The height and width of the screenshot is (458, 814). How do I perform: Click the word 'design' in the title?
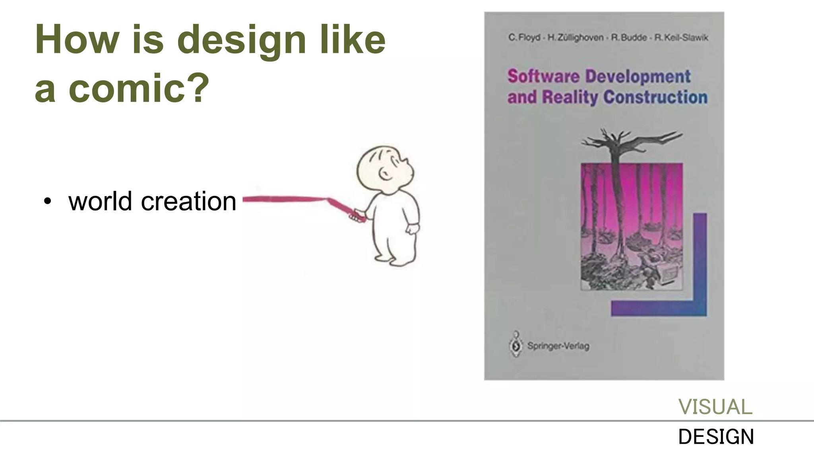pyautogui.click(x=241, y=40)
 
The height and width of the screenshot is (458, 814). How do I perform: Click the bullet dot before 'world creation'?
pyautogui.click(x=48, y=202)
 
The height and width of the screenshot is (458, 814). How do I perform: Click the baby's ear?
pyautogui.click(x=384, y=174)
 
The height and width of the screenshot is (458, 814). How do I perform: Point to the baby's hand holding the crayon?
pyautogui.click(x=358, y=216)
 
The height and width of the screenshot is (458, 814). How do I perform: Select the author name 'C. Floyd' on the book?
pyautogui.click(x=524, y=38)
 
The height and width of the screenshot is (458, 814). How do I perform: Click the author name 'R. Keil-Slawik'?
pyautogui.click(x=681, y=38)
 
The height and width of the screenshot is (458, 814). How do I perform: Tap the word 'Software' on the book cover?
pyautogui.click(x=543, y=76)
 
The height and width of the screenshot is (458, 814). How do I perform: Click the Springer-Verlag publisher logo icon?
pyautogui.click(x=516, y=345)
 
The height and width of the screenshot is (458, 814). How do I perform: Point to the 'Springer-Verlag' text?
pyautogui.click(x=558, y=346)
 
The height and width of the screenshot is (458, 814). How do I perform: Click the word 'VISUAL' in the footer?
pyautogui.click(x=715, y=407)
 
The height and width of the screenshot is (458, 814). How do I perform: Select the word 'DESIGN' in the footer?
pyautogui.click(x=716, y=437)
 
